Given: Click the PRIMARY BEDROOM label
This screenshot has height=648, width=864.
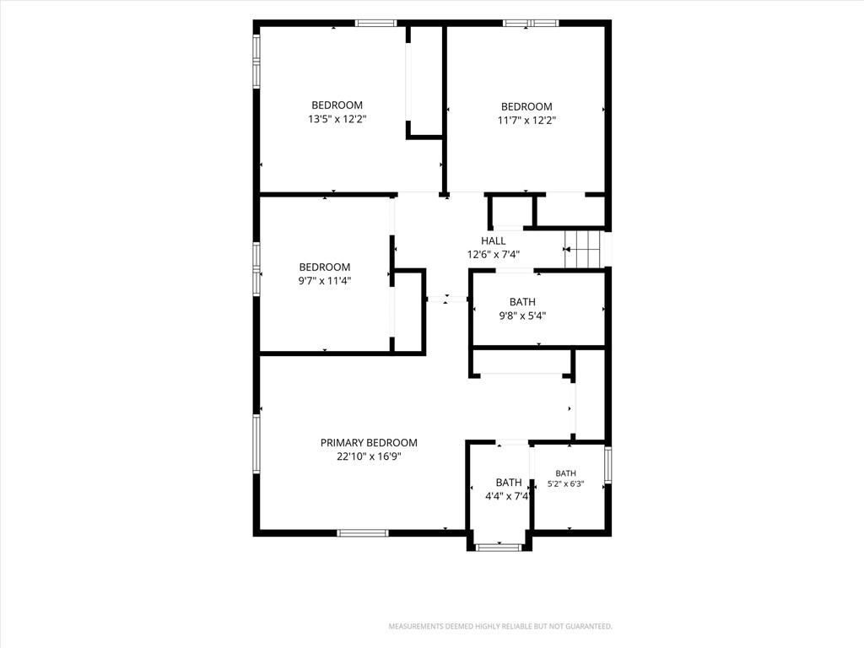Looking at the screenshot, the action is click(369, 442).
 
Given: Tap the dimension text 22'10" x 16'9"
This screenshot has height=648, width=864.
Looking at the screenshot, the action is click(369, 456).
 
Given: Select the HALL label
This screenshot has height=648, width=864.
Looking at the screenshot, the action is click(493, 240).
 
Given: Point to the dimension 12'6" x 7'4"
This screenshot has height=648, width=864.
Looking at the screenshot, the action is click(493, 255).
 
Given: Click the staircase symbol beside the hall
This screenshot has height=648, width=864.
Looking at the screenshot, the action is click(582, 249).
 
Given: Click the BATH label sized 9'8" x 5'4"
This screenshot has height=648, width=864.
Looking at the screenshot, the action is click(522, 302).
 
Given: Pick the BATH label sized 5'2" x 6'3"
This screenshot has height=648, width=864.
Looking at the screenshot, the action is click(566, 473).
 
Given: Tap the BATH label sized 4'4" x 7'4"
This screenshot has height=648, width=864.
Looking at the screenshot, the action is click(509, 483).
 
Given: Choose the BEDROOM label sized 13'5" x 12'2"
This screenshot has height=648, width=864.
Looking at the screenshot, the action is click(337, 105).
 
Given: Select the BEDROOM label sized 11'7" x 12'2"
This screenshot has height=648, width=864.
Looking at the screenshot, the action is click(526, 107).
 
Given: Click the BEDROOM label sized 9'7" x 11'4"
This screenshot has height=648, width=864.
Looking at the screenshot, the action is click(325, 267).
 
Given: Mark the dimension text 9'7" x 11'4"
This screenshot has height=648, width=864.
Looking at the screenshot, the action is click(325, 281).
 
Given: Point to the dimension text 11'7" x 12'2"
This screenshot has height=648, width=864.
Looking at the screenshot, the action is click(526, 121).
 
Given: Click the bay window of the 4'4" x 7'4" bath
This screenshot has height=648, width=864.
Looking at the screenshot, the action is click(498, 547).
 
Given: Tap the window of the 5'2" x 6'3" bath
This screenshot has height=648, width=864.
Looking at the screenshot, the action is click(607, 465).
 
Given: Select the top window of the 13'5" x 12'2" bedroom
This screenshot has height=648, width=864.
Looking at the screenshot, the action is click(375, 23).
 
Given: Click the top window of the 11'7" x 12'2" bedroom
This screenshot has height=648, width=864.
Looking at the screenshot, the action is click(531, 23).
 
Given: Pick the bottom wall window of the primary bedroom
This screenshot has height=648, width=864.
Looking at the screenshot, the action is click(363, 533).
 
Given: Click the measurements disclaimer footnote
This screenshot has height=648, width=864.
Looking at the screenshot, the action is click(500, 627).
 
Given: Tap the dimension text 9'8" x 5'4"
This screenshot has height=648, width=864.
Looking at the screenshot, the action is click(522, 316).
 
